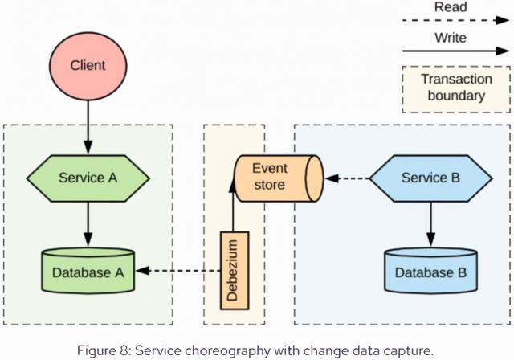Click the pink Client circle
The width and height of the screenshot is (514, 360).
point(88,64)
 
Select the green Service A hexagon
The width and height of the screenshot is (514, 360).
point(88,178)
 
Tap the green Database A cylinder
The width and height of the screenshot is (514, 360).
point(88,272)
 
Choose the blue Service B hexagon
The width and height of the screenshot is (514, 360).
point(430,178)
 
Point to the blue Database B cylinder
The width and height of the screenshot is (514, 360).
point(430,272)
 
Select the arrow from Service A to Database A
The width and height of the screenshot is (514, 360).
point(88,224)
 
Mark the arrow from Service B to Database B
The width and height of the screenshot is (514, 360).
point(430,224)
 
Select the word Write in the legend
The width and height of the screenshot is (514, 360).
point(449,38)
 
